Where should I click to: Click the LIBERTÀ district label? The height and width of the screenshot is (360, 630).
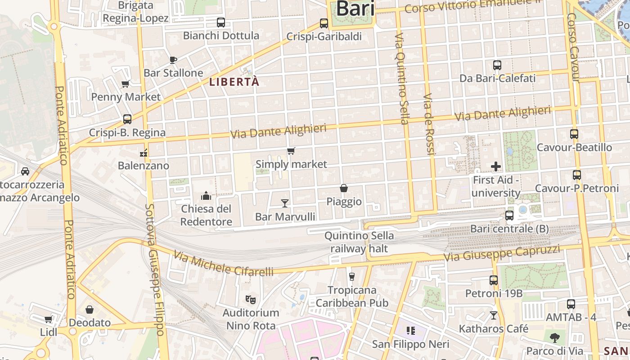click(x=234, y=82)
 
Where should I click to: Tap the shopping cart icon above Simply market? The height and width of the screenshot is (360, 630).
click(x=291, y=151)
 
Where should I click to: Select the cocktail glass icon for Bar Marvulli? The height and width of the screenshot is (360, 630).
click(x=284, y=203)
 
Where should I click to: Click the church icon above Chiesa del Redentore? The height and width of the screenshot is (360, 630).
click(x=206, y=196)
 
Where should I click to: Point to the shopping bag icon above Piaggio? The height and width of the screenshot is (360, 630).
click(x=344, y=188)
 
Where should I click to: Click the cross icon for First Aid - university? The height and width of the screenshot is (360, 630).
click(x=496, y=166)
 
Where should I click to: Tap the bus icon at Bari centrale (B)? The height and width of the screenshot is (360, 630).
click(x=509, y=216)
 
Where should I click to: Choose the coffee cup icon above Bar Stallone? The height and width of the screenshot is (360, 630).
click(x=173, y=60)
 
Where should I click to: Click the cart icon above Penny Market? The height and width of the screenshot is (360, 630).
click(x=126, y=84)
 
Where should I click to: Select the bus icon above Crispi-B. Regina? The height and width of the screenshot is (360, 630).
click(x=127, y=119)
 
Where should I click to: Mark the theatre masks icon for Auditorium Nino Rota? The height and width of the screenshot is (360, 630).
click(x=251, y=299)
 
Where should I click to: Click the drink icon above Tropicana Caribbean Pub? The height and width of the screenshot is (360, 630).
click(x=352, y=276)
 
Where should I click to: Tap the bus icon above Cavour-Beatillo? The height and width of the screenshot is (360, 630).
click(x=574, y=134)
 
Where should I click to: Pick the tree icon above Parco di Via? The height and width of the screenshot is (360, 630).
click(x=555, y=337)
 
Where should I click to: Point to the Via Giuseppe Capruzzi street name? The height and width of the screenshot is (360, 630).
click(x=502, y=253)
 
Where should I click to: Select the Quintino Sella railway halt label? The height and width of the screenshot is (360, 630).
click(x=359, y=242)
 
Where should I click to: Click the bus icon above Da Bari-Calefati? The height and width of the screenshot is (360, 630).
click(x=497, y=65)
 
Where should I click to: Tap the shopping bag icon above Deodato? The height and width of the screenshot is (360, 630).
click(x=90, y=310)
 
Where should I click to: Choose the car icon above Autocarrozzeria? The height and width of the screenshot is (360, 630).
click(x=25, y=171)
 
